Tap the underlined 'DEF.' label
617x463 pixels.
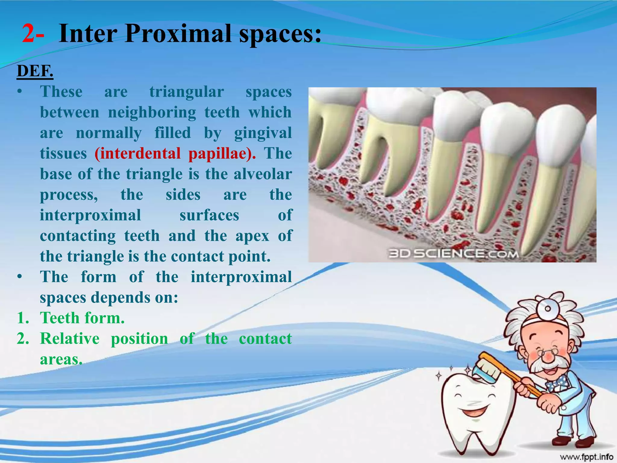[x=35, y=71]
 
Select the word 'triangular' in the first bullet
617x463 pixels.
[x=186, y=92]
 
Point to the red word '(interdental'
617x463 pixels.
[x=137, y=153]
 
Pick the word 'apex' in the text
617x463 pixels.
[x=252, y=236]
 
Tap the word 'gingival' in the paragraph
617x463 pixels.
[x=263, y=133]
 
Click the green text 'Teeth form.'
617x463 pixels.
[x=82, y=318]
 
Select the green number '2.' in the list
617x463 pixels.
[x=23, y=339]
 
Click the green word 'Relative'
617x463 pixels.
[x=70, y=339]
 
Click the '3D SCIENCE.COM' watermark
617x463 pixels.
[x=453, y=254]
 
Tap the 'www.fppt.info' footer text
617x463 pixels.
[x=586, y=457]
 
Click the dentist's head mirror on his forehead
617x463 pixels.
[x=548, y=308]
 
